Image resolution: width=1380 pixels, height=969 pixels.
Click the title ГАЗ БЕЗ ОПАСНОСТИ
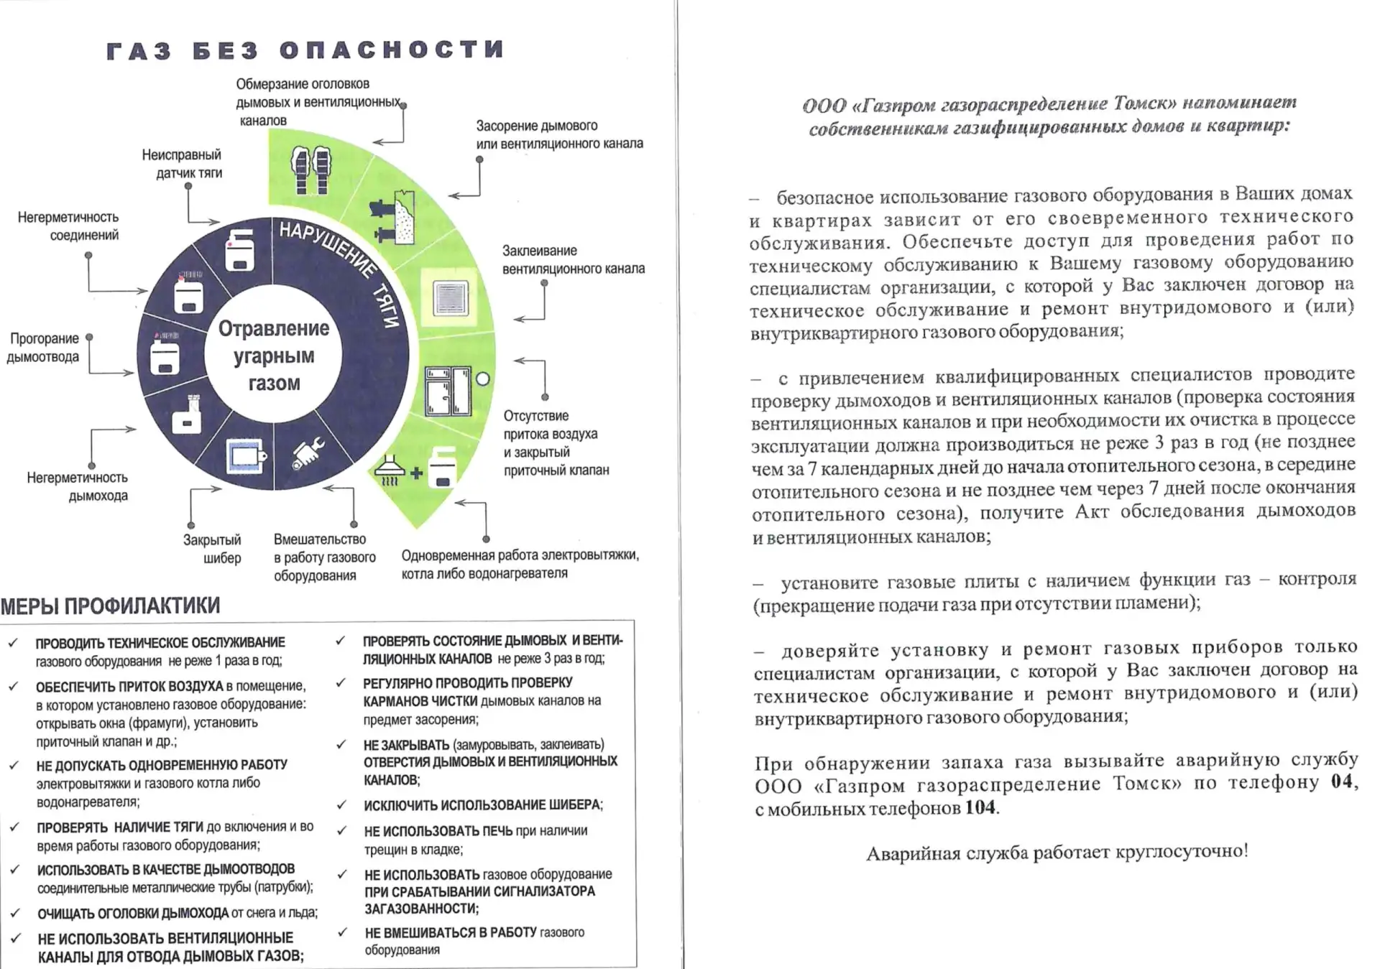[305, 50]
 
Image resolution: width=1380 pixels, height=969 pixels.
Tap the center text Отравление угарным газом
[274, 356]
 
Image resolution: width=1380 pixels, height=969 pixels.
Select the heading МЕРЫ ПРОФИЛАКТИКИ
[111, 606]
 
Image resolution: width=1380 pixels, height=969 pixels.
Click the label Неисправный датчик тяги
[182, 164]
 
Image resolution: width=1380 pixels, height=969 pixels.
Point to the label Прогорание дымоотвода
[43, 348]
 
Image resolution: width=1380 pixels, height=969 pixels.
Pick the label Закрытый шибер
[212, 549]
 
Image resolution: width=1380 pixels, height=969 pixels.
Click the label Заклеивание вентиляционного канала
[573, 260]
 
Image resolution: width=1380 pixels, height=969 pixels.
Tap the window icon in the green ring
[448, 391]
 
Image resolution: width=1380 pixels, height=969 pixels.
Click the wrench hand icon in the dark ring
[308, 453]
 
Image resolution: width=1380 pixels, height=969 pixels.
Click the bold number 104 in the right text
[980, 807]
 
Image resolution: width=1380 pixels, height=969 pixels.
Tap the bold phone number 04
[1341, 782]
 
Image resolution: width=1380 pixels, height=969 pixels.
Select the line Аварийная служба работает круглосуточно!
[1057, 853]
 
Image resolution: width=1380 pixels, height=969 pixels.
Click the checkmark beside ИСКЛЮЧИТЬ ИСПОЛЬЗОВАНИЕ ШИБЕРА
[342, 805]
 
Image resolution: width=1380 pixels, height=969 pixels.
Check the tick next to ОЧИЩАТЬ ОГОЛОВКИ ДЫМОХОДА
[15, 913]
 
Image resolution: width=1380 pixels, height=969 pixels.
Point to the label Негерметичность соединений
[68, 226]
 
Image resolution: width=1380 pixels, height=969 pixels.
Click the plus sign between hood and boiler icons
[416, 473]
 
